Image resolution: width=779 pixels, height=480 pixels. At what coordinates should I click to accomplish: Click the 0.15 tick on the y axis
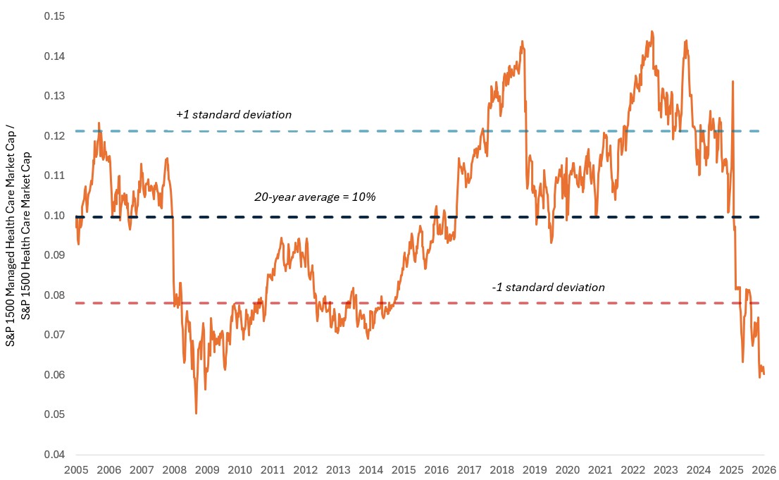tap(55, 16)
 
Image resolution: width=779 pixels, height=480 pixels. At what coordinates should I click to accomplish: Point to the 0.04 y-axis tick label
tap(55, 454)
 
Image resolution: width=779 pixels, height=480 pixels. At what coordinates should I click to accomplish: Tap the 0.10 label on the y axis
tap(55, 215)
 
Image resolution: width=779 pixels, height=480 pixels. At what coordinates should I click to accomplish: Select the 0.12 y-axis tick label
tap(55, 135)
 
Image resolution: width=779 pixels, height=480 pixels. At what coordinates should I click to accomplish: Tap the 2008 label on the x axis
tap(175, 469)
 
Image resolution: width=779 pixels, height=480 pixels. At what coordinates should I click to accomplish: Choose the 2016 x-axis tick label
tap(436, 469)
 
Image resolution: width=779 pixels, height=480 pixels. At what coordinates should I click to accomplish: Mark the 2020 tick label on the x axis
tap(567, 469)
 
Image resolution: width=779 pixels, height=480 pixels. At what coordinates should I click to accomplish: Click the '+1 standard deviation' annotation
tap(233, 114)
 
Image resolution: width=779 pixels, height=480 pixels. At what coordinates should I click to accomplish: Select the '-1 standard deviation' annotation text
tap(548, 288)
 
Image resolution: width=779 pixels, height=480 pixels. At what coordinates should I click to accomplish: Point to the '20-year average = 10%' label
tap(315, 197)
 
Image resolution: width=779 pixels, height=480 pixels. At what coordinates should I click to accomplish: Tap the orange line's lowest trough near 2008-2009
tap(196, 414)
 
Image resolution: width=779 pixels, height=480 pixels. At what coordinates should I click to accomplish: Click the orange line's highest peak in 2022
tap(652, 31)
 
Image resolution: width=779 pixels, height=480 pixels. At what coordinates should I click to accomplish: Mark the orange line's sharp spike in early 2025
tap(733, 81)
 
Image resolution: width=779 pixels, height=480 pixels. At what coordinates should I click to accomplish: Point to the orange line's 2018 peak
tap(522, 41)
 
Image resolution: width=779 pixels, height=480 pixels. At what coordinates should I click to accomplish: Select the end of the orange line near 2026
tap(764, 374)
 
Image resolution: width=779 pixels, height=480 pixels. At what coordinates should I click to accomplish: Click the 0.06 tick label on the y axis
tap(55, 374)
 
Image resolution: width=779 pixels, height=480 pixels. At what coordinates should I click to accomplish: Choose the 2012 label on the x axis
tap(306, 469)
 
